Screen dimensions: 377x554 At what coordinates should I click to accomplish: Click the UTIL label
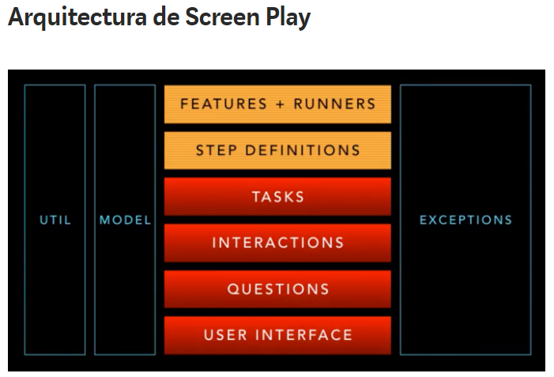55,221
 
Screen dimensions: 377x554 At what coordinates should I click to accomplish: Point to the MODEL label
125,221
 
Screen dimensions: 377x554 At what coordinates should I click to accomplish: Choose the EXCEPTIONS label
465,221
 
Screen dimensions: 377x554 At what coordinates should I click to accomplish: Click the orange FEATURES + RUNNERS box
277,104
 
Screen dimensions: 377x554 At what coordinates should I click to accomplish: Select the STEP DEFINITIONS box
277,150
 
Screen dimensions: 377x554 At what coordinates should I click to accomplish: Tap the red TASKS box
277,197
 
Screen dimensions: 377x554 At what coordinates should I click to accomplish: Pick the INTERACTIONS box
277,243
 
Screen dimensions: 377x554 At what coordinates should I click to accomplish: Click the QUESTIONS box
277,289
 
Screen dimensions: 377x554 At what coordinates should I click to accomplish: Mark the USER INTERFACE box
277,335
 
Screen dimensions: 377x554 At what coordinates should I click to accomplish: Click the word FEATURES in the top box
224,104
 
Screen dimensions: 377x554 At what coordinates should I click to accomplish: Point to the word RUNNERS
335,104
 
